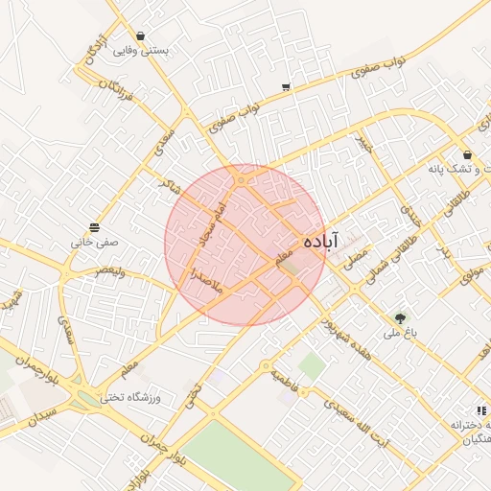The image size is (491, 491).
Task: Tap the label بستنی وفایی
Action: (140, 51)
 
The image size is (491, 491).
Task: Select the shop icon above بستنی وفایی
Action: (141, 35)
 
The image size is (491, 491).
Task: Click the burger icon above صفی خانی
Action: (94, 227)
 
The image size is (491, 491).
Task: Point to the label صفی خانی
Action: (94, 243)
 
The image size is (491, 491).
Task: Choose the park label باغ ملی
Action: (397, 334)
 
